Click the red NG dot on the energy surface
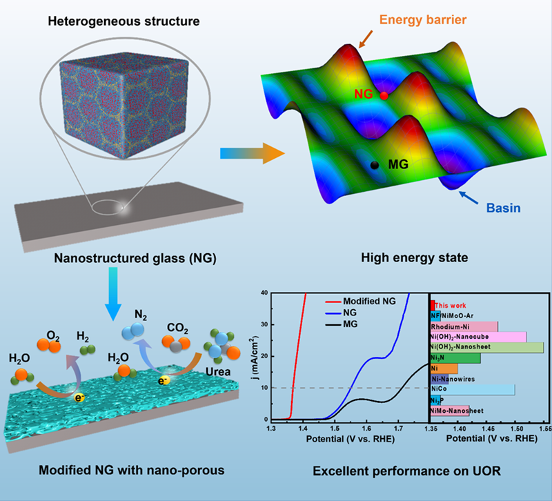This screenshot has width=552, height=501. pyautogui.click(x=384, y=95)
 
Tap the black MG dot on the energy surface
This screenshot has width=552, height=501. pyautogui.click(x=375, y=165)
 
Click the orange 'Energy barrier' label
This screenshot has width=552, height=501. pyautogui.click(x=423, y=20)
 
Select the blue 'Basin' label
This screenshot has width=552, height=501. pyautogui.click(x=504, y=208)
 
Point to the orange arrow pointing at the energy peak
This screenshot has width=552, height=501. pyautogui.click(x=365, y=39)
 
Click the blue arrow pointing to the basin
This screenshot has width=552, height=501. pyautogui.click(x=469, y=197)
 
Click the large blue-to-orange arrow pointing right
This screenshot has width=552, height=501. pyautogui.click(x=252, y=153)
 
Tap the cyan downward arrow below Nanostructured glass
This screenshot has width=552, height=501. pyautogui.click(x=113, y=294)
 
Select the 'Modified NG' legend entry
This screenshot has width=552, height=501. pyautogui.click(x=359, y=302)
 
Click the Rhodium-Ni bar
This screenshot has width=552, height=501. pyautogui.click(x=464, y=326)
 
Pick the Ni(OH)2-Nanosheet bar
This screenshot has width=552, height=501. pyautogui.click(x=487, y=347)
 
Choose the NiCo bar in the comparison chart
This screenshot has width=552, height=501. pyautogui.click(x=473, y=389)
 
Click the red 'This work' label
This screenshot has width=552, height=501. pyautogui.click(x=451, y=306)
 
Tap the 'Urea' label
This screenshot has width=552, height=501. pyautogui.click(x=218, y=372)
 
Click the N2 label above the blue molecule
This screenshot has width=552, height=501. pyautogui.click(x=141, y=315)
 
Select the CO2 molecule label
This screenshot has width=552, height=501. pyautogui.click(x=177, y=328)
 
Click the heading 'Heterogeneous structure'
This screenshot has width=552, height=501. pyautogui.click(x=124, y=21)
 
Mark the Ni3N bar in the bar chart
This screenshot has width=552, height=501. pyautogui.click(x=455, y=358)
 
